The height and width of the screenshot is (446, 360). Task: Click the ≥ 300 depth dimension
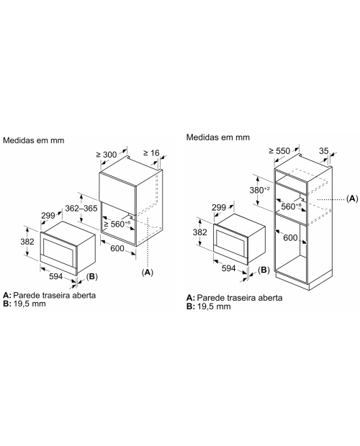click(107, 155)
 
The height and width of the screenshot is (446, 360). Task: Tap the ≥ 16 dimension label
click(151, 153)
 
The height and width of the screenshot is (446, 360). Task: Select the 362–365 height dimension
click(81, 208)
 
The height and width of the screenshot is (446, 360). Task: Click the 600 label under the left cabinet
click(117, 248)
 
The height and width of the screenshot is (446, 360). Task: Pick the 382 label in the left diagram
click(27, 242)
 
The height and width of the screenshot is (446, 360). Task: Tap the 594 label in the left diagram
click(55, 276)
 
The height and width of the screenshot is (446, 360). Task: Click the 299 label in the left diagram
click(48, 216)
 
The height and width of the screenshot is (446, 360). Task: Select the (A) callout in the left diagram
click(148, 272)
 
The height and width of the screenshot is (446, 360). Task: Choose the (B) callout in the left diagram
click(92, 276)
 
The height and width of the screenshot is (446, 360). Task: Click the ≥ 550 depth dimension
click(279, 151)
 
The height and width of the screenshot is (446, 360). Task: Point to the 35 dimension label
click(323, 150)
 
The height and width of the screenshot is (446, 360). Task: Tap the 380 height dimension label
click(259, 190)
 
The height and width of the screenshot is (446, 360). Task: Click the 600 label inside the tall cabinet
click(290, 237)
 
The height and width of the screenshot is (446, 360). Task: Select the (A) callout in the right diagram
click(352, 199)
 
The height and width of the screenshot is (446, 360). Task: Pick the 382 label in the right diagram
click(199, 232)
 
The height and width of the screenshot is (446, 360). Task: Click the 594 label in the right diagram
click(228, 268)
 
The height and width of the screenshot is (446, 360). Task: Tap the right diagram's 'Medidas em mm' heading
click(218, 137)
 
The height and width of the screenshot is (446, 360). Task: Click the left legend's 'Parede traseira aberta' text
click(54, 295)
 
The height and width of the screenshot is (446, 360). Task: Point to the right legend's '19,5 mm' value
click(214, 306)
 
